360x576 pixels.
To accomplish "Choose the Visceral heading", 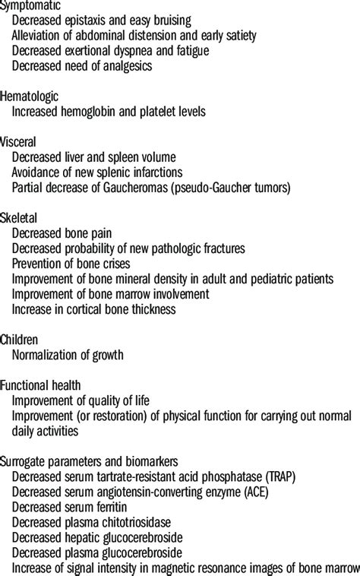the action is click(x=21, y=142).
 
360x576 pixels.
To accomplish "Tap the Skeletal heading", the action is click(x=22, y=218).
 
